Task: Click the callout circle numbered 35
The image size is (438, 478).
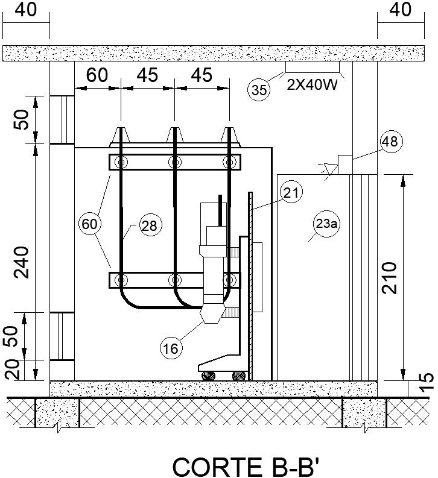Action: pos(259,90)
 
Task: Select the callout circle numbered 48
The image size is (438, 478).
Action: pos(390,142)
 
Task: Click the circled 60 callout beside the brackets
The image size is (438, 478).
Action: pos(89,224)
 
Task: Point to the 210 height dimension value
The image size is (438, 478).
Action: pos(391,277)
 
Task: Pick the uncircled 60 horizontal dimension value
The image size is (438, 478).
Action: pos(97,76)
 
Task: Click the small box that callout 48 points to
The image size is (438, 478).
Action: pos(345,164)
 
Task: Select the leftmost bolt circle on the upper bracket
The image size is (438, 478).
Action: pos(122,162)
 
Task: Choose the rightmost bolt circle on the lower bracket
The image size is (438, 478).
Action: pos(229,280)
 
